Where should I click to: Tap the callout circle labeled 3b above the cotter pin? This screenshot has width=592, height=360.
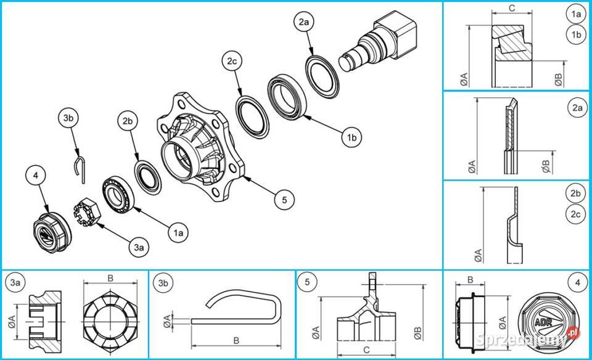69,117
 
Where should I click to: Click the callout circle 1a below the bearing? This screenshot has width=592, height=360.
178,232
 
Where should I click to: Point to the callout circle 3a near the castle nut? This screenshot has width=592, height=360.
139,247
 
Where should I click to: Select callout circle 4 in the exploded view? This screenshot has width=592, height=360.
36,176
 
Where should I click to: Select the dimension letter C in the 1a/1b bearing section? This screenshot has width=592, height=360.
512,7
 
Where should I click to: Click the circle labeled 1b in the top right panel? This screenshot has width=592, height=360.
577,35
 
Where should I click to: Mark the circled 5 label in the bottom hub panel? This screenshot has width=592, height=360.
306,282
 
